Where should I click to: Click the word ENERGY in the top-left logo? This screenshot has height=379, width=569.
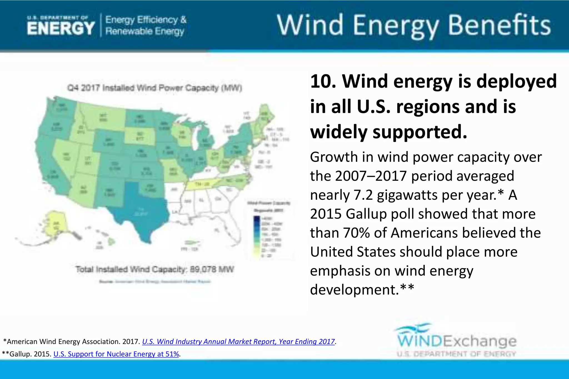click(61, 29)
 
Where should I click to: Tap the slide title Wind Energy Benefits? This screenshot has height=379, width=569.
click(413, 25)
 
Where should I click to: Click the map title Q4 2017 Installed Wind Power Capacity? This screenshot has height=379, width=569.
click(154, 88)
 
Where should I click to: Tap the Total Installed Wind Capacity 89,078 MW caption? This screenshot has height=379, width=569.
click(154, 269)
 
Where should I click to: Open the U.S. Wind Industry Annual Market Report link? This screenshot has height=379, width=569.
click(238, 342)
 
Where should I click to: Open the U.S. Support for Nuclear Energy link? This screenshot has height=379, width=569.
click(116, 354)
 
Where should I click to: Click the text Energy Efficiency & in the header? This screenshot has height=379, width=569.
click(146, 20)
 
